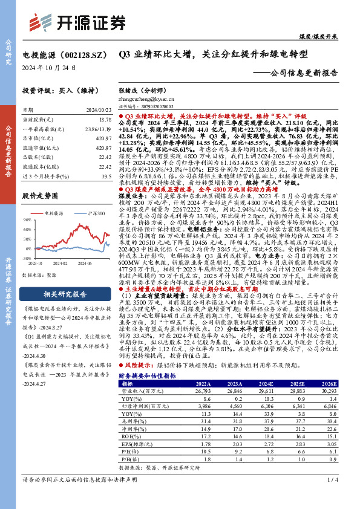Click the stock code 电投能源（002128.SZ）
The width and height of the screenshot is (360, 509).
59,54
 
